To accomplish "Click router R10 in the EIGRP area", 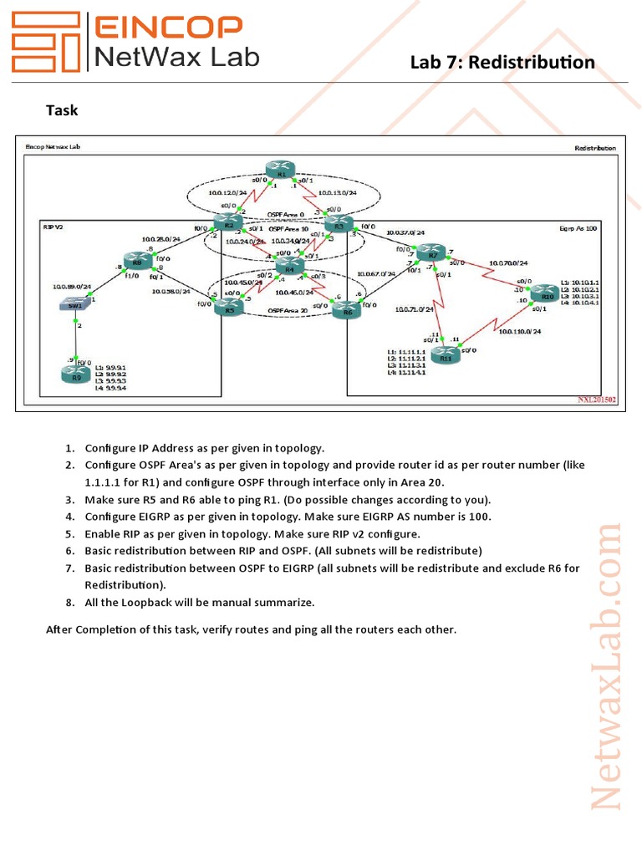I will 547,293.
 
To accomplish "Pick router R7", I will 432,252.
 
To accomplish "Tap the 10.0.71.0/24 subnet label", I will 414,309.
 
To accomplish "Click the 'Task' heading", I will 62,110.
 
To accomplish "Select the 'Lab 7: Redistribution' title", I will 502,63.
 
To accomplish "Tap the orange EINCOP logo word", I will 166,28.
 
